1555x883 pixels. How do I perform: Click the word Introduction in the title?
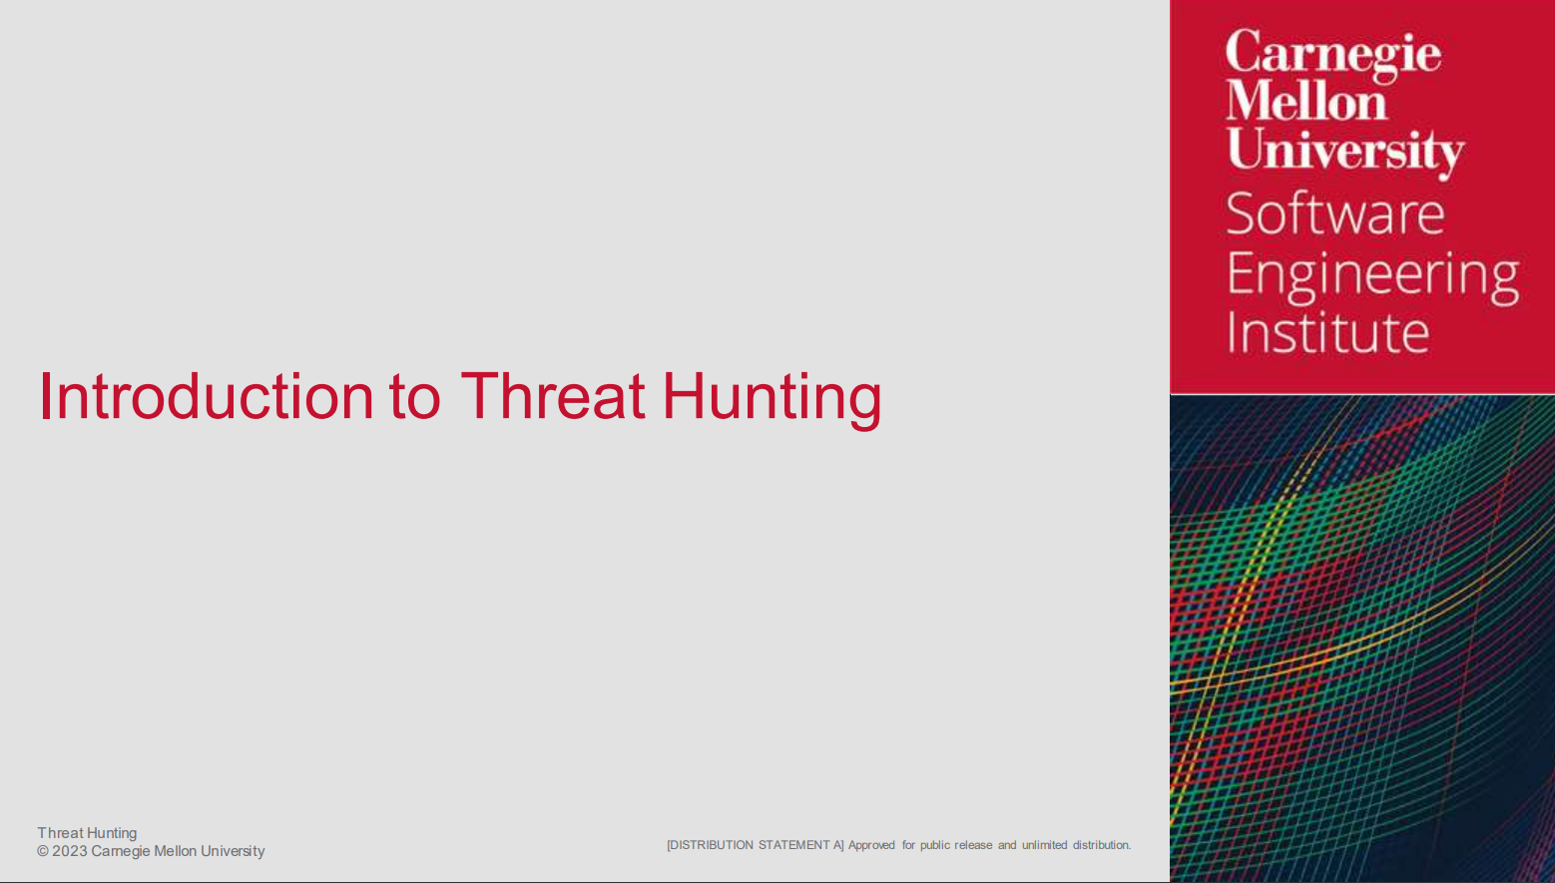(x=207, y=396)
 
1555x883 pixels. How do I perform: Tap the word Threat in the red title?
(x=553, y=396)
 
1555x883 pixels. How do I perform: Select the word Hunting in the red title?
(x=772, y=400)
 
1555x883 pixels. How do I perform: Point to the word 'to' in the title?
(x=414, y=399)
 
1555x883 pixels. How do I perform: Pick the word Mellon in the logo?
(x=1305, y=102)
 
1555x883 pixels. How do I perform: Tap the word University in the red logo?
(x=1344, y=152)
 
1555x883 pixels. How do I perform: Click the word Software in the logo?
(x=1335, y=214)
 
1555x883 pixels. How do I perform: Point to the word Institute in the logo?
(x=1328, y=332)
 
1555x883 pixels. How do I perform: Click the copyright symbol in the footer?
(x=43, y=851)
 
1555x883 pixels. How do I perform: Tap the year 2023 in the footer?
(x=70, y=851)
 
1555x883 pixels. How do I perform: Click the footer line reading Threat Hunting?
(x=87, y=833)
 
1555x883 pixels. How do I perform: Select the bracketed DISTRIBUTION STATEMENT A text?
(x=756, y=845)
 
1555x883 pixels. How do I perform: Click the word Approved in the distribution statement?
(x=871, y=845)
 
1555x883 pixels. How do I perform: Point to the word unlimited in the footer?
(x=1044, y=845)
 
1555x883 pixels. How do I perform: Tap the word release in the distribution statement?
(x=973, y=845)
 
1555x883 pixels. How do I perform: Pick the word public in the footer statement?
(x=934, y=845)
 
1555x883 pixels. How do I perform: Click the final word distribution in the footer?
(x=1102, y=845)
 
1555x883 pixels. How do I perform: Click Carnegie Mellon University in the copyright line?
(x=178, y=852)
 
